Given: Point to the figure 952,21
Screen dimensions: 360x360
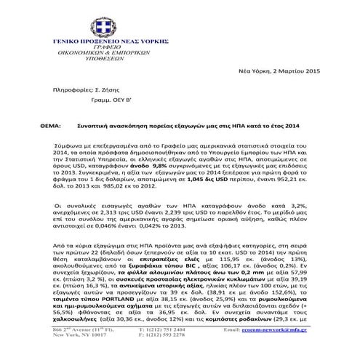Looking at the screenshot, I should click(x=289, y=178).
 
